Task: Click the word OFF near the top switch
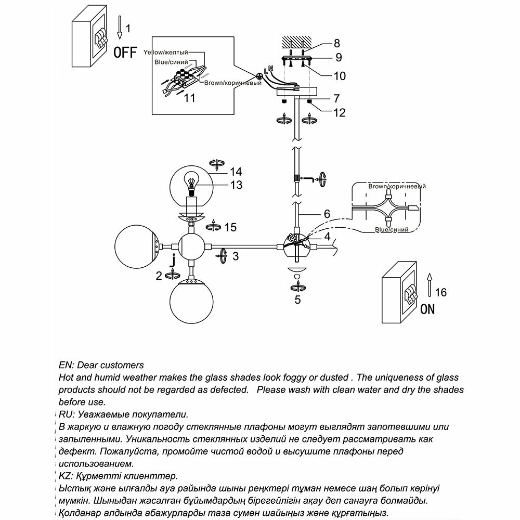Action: click(x=125, y=52)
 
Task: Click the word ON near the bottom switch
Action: click(x=427, y=309)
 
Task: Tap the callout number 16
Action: click(x=440, y=293)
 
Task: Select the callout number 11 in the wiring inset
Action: click(x=190, y=98)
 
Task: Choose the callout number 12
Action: click(x=339, y=112)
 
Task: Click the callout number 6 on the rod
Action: click(x=327, y=213)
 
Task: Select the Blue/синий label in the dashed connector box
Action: click(x=391, y=229)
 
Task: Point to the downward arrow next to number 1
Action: click(x=120, y=28)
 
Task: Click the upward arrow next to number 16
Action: click(x=429, y=283)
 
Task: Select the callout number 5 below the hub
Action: click(x=297, y=300)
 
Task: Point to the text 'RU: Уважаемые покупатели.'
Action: click(x=123, y=414)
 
